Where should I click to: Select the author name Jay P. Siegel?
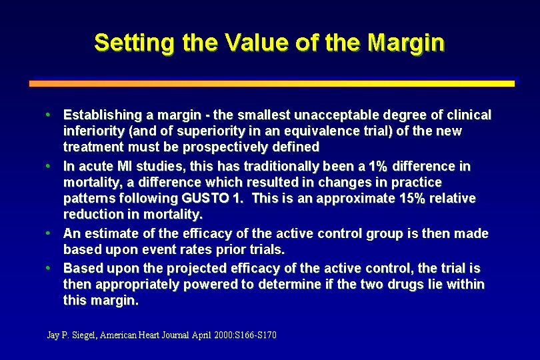(72, 335)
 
